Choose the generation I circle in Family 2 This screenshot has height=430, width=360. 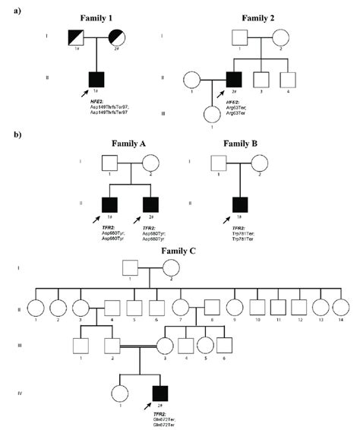(280, 36)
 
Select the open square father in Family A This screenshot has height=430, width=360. (109, 163)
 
